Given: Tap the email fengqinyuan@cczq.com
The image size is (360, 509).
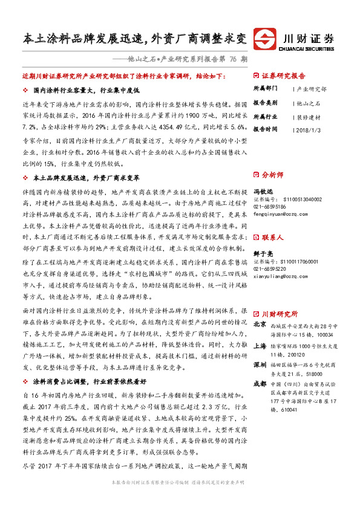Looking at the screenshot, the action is pyautogui.click(x=280, y=213).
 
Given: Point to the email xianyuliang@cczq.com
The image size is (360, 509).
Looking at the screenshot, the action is pyautogui.click(x=280, y=260).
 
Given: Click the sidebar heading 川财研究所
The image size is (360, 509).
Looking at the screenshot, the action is pyautogui.click(x=280, y=314).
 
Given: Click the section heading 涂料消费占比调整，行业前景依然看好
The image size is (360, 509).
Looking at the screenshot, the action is pyautogui.click(x=90, y=382).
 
